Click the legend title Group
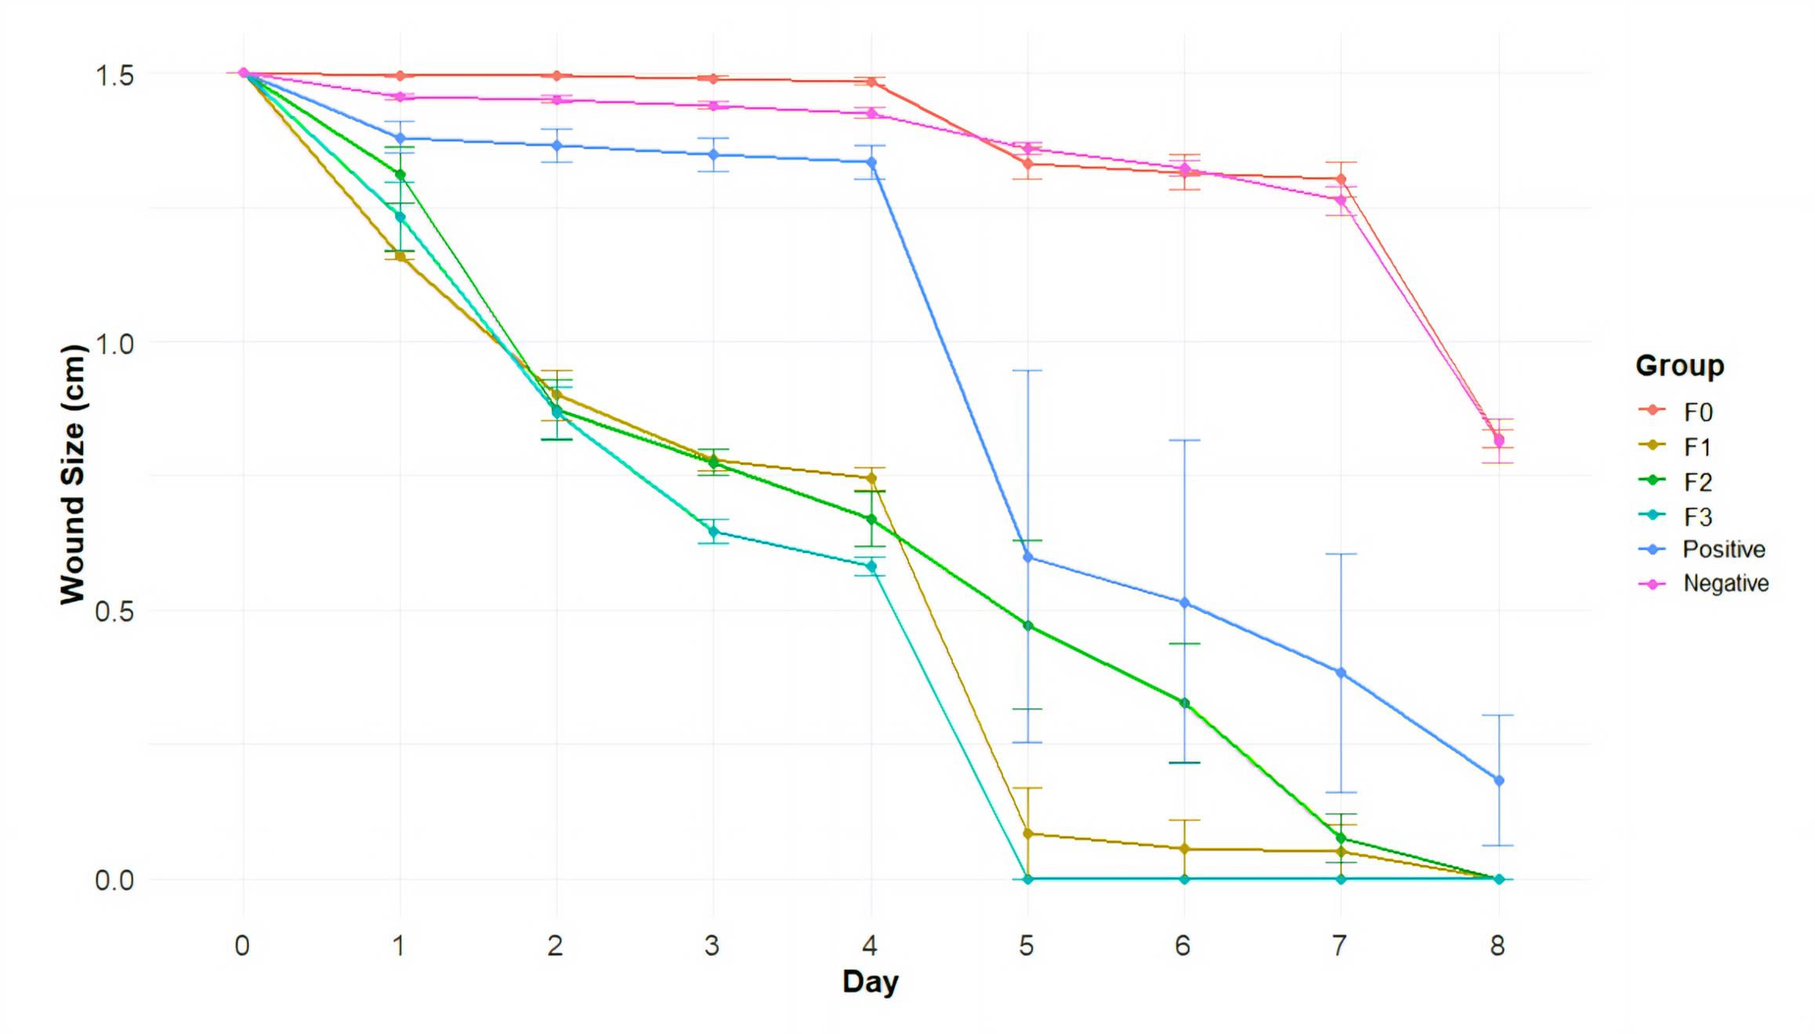(1679, 366)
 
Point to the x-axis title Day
(870, 982)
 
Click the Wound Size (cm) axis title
(73, 475)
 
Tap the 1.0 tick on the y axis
(114, 344)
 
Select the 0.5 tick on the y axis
(114, 612)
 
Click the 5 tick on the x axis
(1027, 946)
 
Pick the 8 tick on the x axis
(1498, 946)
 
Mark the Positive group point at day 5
(1027, 557)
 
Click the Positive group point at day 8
(1498, 780)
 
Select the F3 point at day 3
(713, 532)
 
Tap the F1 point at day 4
(871, 478)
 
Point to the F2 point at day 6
(1184, 703)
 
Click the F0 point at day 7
(1341, 179)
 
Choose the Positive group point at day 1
(400, 139)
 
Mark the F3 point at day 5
(1027, 879)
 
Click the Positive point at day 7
(1341, 673)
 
